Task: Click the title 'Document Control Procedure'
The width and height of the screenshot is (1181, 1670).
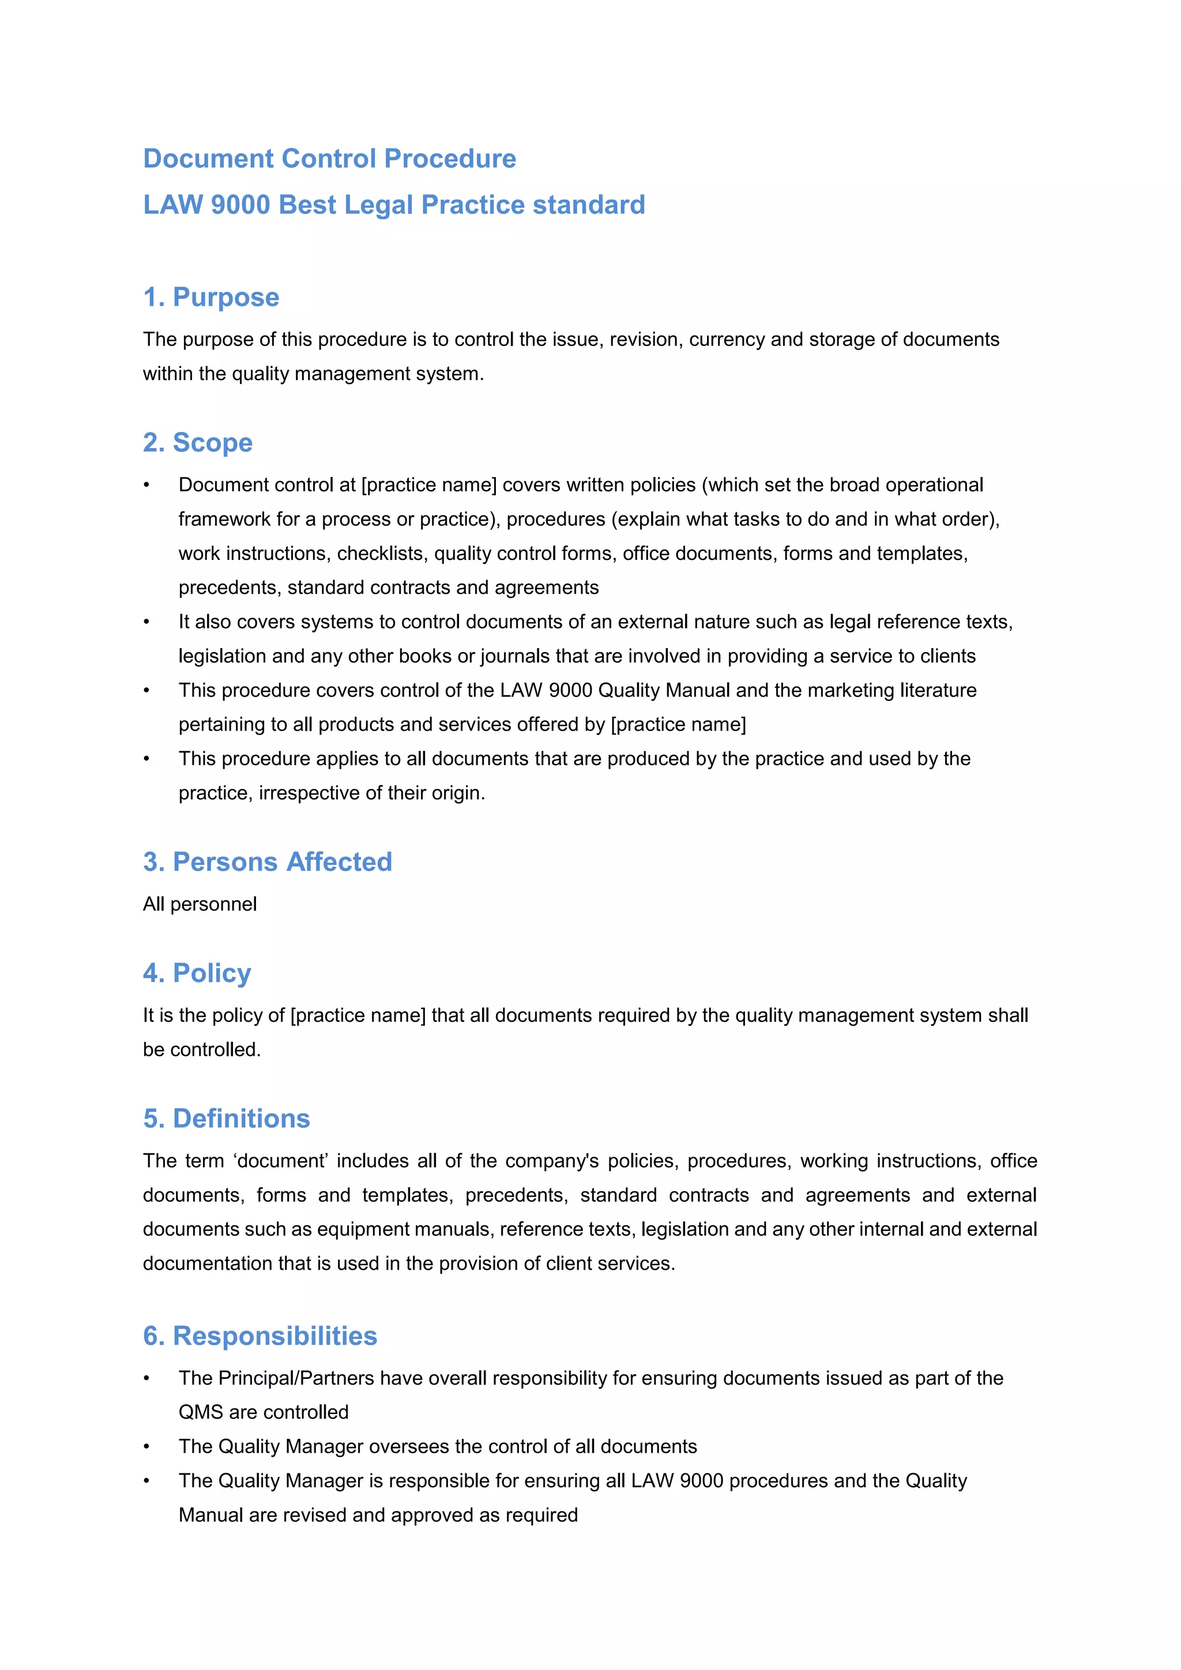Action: point(329,159)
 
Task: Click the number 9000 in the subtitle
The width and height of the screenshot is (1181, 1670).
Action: point(240,205)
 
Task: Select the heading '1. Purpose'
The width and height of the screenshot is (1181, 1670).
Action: point(211,297)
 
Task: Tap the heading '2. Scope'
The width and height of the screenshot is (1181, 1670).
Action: point(198,442)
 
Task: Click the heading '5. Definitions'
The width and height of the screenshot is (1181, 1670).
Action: point(226,1118)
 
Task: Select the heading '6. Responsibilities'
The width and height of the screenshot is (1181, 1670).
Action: point(259,1336)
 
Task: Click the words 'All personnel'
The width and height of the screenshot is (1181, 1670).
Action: point(200,904)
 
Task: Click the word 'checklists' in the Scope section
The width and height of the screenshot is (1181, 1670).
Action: point(382,554)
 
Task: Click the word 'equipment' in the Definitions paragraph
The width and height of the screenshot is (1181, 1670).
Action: point(358,1229)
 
